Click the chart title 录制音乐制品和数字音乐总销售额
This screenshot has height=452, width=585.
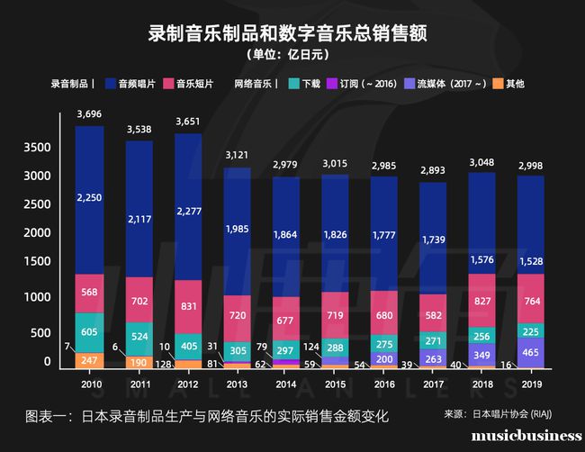[287, 34]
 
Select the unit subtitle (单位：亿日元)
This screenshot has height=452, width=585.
[287, 56]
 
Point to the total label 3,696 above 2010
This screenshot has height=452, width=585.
[89, 114]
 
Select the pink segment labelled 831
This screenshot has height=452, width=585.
[188, 306]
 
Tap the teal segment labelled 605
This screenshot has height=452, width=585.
[89, 333]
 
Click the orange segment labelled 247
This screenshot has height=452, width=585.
[89, 360]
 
